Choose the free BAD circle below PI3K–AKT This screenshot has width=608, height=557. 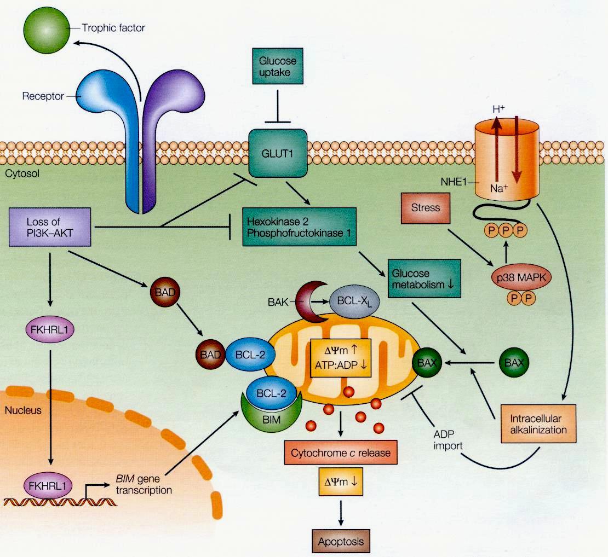(x=163, y=293)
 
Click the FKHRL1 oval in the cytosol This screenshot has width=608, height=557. (x=50, y=330)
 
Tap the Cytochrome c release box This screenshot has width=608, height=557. (x=341, y=454)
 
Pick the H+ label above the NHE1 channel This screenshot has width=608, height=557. (x=498, y=109)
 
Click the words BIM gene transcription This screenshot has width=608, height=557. (x=144, y=484)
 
